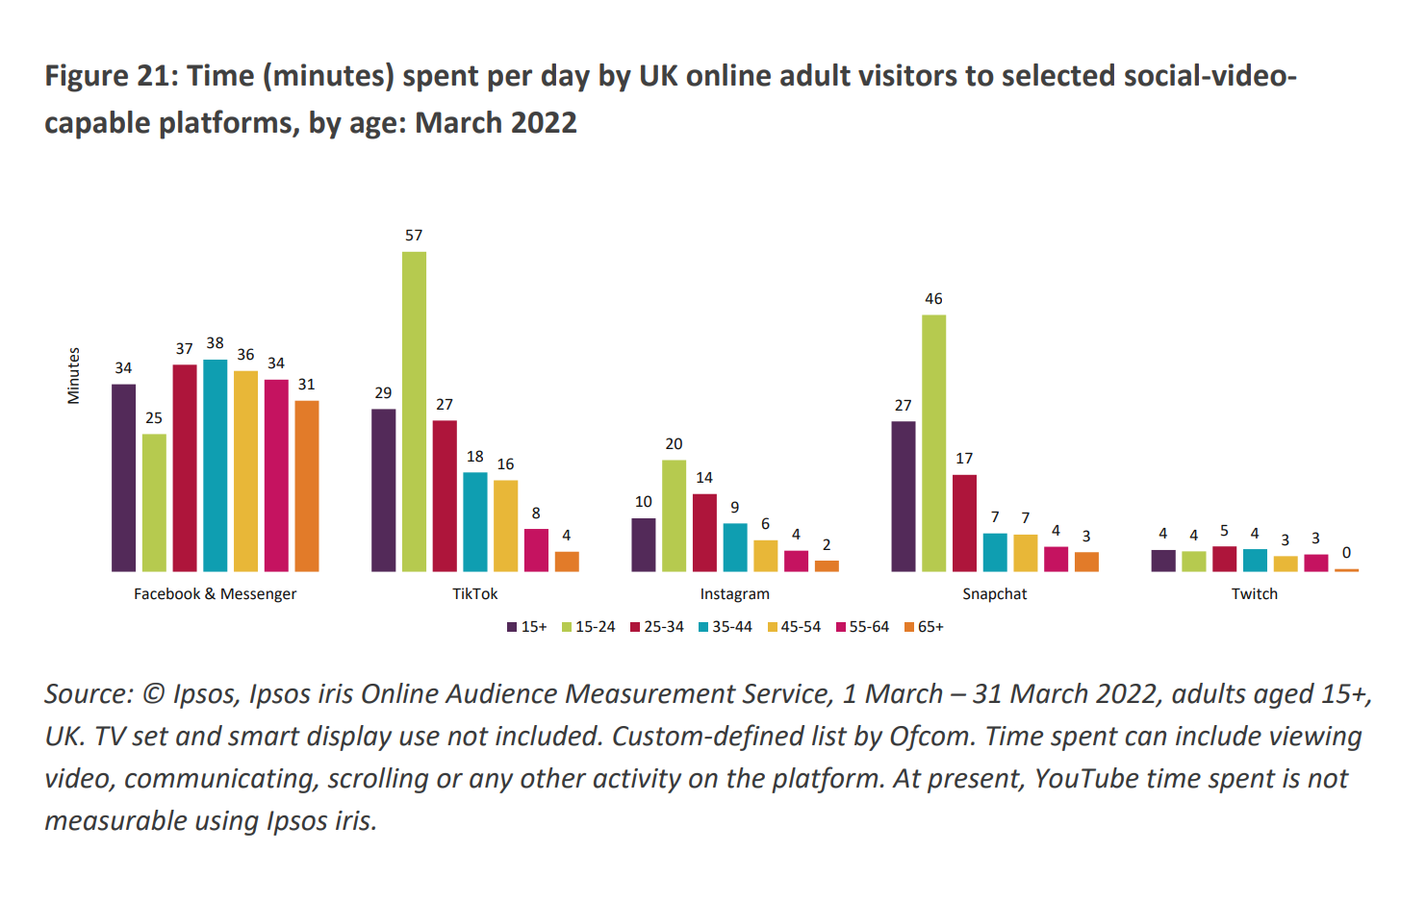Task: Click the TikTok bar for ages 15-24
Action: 414,412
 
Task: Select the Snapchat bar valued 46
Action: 933,443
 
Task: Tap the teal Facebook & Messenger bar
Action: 215,465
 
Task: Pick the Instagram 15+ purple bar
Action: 644,544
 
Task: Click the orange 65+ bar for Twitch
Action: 1346,570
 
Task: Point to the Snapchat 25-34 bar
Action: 964,523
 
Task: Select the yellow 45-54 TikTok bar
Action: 505,526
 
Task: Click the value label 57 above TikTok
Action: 414,236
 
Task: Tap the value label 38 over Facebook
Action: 215,343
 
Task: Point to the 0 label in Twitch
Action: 1346,553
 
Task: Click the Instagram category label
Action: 734,594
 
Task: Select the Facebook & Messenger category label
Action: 215,594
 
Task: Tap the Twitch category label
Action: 1254,594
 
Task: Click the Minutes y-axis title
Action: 74,376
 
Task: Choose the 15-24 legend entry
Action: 589,627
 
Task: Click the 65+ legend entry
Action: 925,627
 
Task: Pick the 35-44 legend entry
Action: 726,627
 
